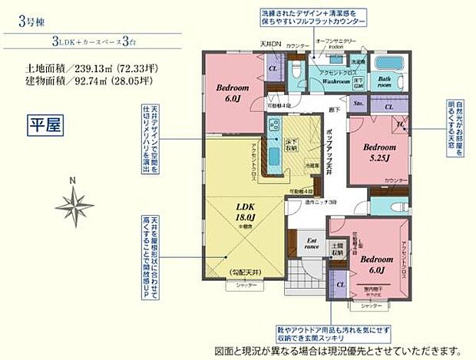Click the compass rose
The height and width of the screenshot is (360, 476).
point(74,205)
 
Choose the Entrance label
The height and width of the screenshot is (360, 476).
point(310,247)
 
